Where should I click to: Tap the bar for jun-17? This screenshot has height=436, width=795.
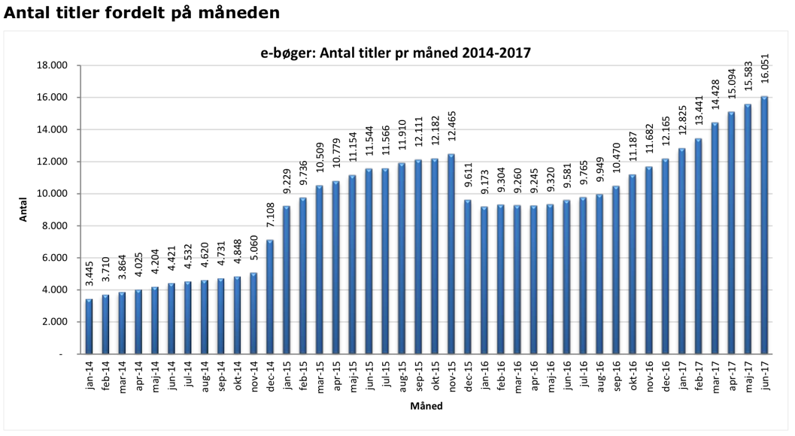click(764, 225)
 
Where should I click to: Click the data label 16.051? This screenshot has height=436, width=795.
click(764, 77)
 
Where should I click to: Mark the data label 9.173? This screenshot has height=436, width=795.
click(484, 187)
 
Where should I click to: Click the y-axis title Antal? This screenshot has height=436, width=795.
click(23, 209)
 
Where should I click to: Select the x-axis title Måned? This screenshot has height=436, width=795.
click(426, 407)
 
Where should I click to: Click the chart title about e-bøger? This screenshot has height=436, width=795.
click(395, 53)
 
